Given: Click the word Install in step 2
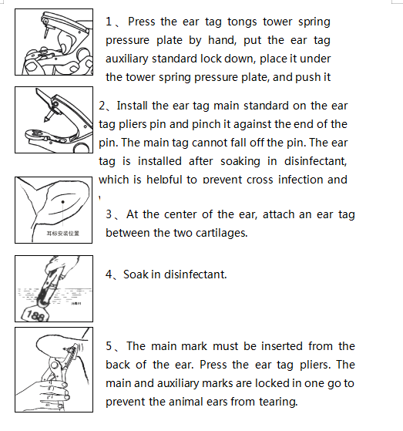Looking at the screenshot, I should point(133,106).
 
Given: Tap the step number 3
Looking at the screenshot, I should point(109,214).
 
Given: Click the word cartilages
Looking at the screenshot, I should point(219,233).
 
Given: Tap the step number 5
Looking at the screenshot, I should point(109,346).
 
